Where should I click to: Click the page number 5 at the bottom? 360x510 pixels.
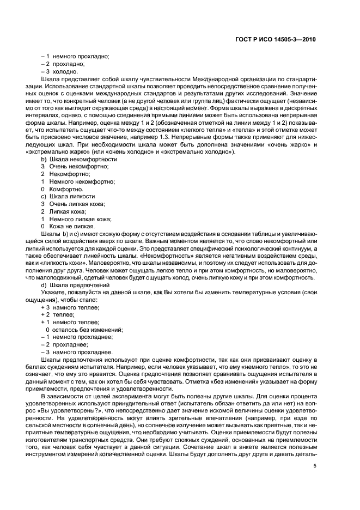(315, 466)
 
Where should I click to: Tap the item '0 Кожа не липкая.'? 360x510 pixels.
(68, 226)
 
